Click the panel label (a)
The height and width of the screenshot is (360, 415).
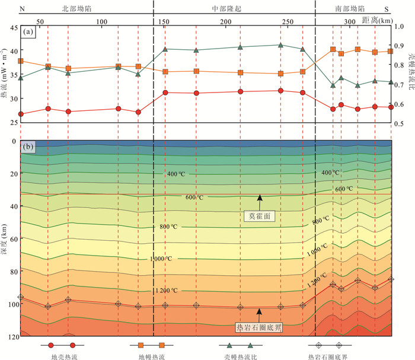tap(27, 33)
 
